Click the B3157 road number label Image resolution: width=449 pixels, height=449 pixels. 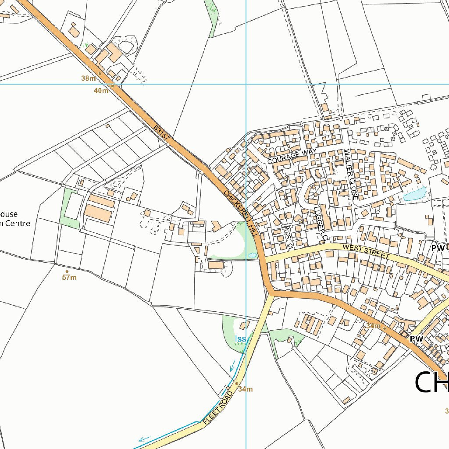161,133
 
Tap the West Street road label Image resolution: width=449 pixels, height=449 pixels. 366,252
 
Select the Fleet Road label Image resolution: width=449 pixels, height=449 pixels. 217,407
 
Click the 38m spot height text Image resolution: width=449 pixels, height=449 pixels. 88,78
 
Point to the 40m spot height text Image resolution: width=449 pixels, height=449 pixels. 101,90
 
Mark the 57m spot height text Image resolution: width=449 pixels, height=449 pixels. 69,278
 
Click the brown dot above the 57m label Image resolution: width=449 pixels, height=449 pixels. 67,271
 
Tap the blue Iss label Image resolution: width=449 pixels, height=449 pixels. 240,339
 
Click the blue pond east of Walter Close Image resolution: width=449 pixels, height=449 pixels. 414,193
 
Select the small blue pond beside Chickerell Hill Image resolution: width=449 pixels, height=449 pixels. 252,255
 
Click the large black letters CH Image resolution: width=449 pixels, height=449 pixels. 431,382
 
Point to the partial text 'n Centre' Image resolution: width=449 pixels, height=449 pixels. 15,224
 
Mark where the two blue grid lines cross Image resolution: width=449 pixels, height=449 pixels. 246,84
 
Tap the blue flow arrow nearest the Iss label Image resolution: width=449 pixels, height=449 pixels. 232,364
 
